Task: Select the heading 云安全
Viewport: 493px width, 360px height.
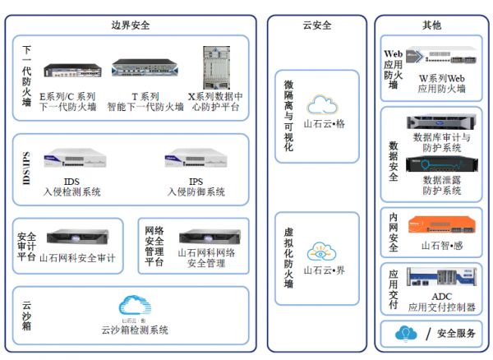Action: [x=316, y=25]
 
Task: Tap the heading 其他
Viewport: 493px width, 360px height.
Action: [x=431, y=25]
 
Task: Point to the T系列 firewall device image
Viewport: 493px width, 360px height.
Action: [x=144, y=72]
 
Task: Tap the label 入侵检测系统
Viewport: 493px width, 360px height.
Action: [x=71, y=192]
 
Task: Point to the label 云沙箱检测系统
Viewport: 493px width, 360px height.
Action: [x=135, y=330]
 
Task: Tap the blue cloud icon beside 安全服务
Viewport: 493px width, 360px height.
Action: [x=405, y=333]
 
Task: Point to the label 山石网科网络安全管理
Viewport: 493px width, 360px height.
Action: [x=206, y=258]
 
